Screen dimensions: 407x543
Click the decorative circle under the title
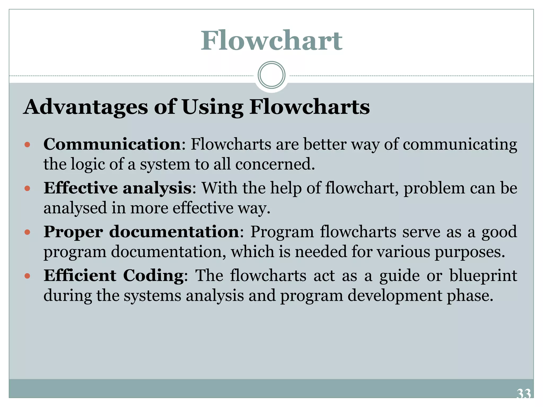271,75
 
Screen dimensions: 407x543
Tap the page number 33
524,394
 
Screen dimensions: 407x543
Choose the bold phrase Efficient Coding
114,275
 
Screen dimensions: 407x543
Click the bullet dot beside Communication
27,145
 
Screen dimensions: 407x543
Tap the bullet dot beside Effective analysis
27,188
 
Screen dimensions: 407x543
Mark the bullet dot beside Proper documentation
27,232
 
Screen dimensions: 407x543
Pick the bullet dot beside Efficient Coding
27,276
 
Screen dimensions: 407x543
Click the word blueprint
483,276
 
